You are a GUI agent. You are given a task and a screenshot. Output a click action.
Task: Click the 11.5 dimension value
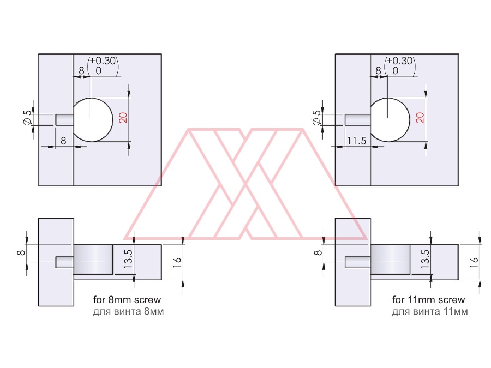point(356,141)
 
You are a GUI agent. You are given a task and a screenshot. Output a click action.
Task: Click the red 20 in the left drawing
point(123,118)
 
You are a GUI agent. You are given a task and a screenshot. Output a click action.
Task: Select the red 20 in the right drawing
point(420,118)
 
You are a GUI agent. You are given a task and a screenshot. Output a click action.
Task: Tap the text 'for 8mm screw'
point(127,299)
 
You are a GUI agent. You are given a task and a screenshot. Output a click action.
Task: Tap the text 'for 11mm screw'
point(428,299)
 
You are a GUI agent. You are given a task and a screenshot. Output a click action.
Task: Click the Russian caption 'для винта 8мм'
point(128,312)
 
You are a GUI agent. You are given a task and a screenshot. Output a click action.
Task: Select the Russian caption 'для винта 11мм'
point(430,312)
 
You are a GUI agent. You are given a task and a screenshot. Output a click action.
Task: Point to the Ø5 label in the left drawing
point(28,118)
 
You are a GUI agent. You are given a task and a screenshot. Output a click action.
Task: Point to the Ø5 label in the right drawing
point(317,118)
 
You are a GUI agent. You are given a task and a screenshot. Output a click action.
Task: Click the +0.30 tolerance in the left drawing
point(103,61)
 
